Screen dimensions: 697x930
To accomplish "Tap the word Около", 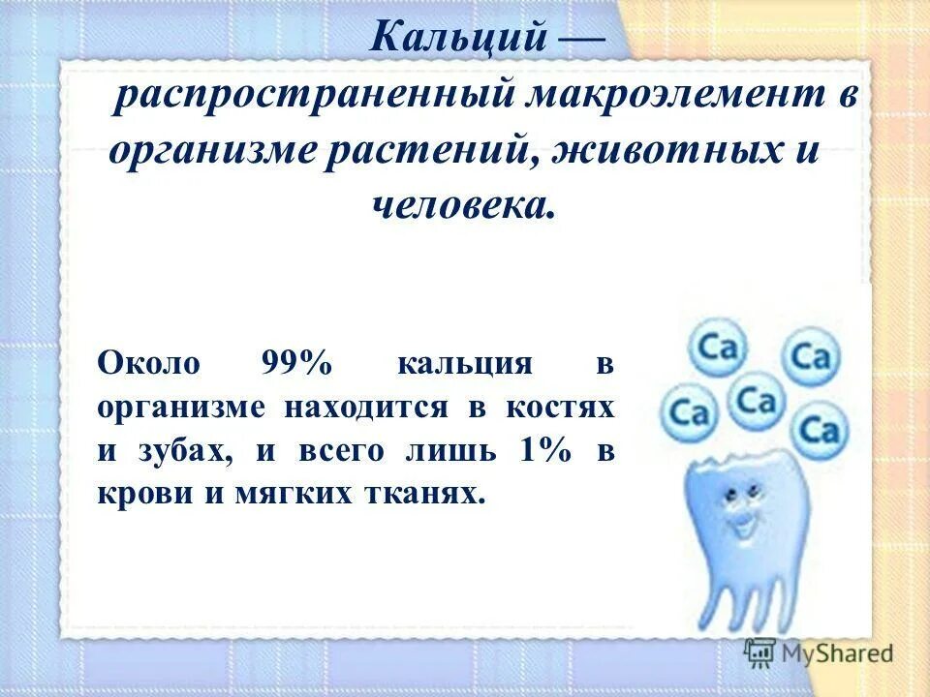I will click(148, 364).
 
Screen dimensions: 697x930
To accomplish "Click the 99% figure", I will click(295, 364).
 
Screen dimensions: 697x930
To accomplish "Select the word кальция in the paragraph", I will click(464, 364).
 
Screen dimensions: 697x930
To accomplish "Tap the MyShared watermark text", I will click(839, 653).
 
